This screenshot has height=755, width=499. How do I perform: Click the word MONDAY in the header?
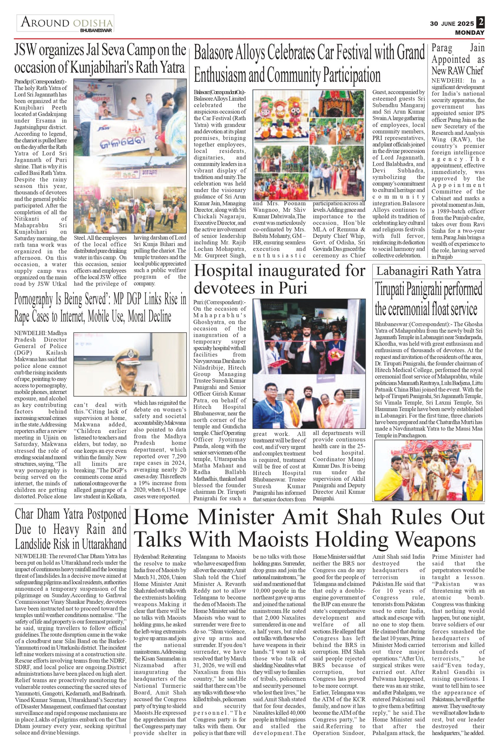pos(469,32)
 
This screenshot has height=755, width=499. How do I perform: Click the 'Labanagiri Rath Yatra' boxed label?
pos(428,271)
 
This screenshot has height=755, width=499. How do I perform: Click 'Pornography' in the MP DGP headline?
pos(38,299)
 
